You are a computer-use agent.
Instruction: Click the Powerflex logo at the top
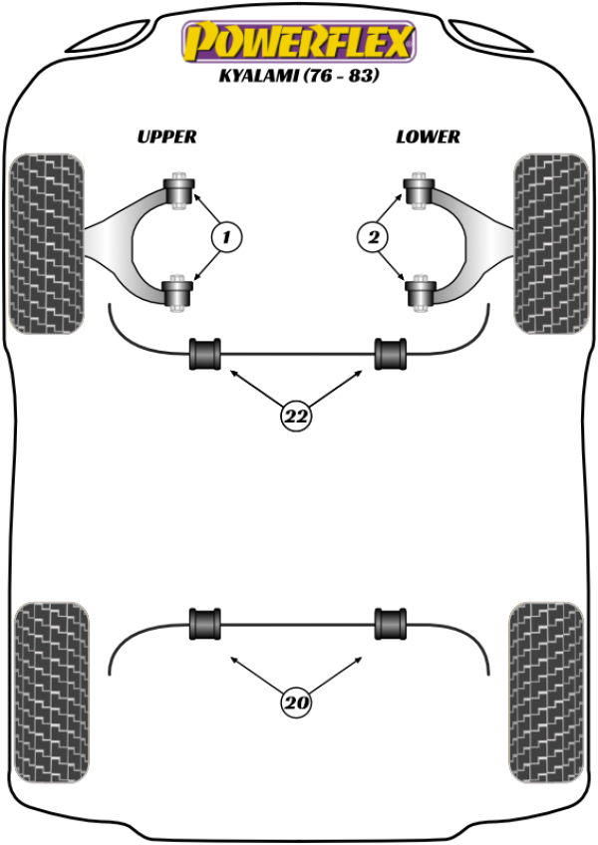click(x=297, y=42)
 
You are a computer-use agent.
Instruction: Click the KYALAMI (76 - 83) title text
click(x=298, y=76)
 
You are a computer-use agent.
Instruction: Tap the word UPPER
click(x=166, y=137)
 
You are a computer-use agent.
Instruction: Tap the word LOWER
click(x=428, y=137)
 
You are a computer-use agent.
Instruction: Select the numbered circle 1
click(x=226, y=237)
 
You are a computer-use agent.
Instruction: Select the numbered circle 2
click(x=372, y=237)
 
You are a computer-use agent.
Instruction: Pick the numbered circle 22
click(x=295, y=417)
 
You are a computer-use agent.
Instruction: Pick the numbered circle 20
click(x=295, y=704)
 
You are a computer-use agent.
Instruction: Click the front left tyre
click(x=46, y=242)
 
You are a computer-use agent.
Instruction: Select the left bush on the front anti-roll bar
click(x=205, y=354)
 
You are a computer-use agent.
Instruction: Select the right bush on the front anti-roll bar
click(x=391, y=354)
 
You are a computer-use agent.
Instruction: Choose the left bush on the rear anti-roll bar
click(x=205, y=624)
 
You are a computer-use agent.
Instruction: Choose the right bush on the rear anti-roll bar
click(x=391, y=624)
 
